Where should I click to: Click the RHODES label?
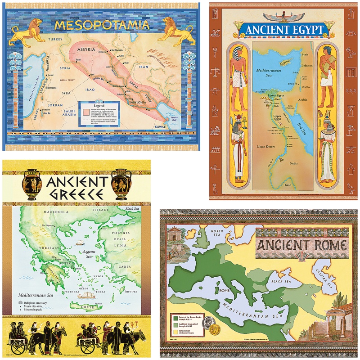point(130,292)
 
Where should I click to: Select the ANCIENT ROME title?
point(302,246)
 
